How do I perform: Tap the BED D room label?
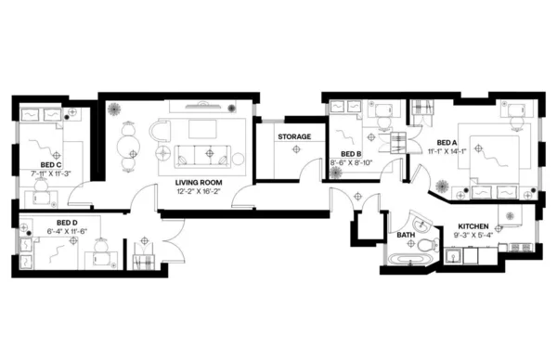coord(66,223)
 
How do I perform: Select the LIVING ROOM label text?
coord(198,183)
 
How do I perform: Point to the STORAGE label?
coord(294,137)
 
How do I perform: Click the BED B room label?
coord(350,154)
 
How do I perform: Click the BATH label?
coord(406,236)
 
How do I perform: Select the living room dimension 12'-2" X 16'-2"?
coord(197,192)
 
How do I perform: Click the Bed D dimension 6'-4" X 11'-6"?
coord(66,231)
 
